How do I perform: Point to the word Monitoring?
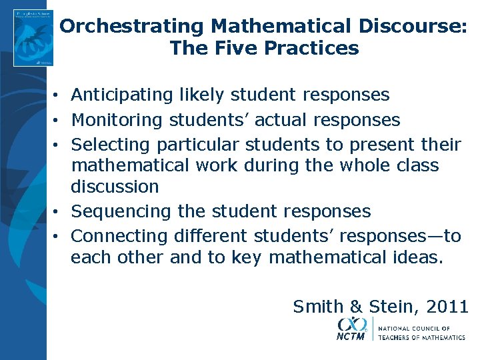(117, 120)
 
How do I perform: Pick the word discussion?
(115, 187)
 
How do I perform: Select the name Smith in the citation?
(319, 306)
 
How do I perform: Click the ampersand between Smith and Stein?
(356, 306)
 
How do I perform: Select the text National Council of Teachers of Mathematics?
(421, 333)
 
